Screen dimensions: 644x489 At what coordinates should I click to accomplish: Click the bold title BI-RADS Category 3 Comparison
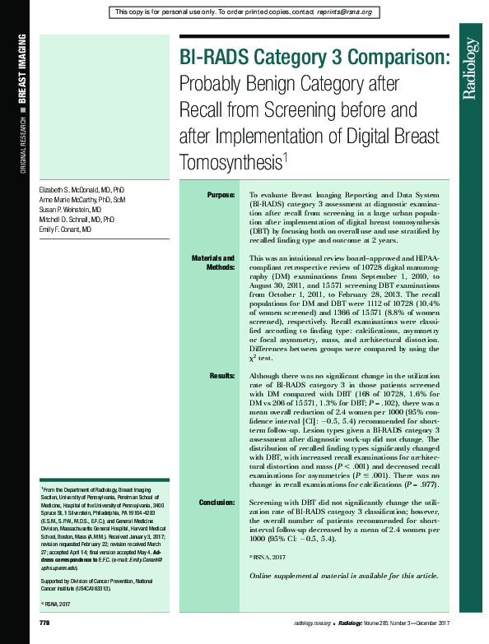coord(315,58)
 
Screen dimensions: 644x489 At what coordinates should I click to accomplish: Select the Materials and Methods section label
coord(213,262)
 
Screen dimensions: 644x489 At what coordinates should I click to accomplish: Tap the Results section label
coord(222,375)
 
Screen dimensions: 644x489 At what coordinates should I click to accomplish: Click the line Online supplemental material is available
coord(343,575)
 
